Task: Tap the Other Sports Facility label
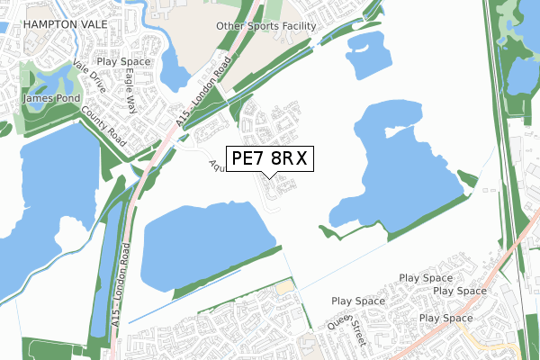[266, 26]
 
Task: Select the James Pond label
[52, 98]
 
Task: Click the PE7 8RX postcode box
[269, 158]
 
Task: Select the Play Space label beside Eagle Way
[122, 62]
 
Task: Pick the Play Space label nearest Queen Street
[356, 301]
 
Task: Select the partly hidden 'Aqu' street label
[215, 165]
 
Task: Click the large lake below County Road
[45, 207]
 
